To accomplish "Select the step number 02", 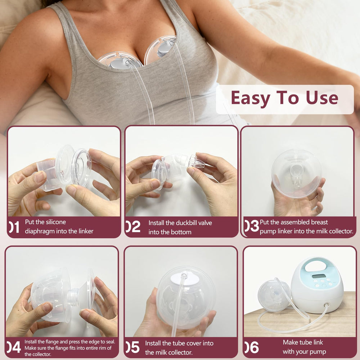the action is (x=133, y=226).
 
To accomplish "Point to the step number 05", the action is (x=133, y=347).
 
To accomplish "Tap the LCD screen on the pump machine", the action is (x=319, y=276).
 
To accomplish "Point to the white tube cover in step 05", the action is (x=185, y=278).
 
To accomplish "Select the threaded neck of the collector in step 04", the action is (x=73, y=298).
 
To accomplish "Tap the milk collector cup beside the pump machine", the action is (x=274, y=296).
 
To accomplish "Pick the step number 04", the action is (x=14, y=347).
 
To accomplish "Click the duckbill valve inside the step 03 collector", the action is (x=296, y=175).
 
